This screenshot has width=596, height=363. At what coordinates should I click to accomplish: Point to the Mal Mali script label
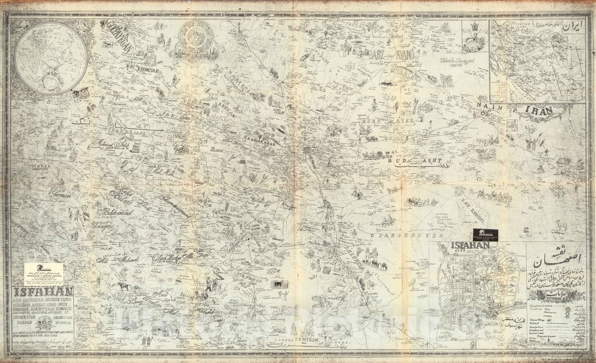(x=162, y=171)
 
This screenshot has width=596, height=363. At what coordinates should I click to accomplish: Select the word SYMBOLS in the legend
(x=556, y=298)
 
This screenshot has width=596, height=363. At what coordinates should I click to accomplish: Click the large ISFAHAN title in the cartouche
(x=42, y=291)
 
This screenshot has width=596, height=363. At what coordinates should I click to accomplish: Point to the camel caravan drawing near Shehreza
(x=374, y=265)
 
